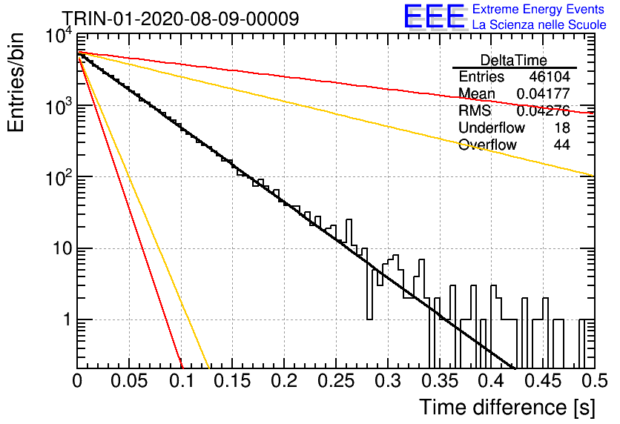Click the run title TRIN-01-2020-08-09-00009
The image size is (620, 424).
(181, 19)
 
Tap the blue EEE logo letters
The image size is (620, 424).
(435, 16)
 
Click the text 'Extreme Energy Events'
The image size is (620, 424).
(538, 9)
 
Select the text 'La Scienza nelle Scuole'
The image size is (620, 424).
(539, 25)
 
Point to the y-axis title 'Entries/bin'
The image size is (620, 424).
(16, 82)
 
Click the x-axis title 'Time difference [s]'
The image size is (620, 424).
(507, 408)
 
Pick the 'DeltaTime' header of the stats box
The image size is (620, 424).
(514, 60)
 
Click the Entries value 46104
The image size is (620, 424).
(550, 76)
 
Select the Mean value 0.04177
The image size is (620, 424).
(544, 93)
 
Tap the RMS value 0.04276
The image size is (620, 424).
(544, 110)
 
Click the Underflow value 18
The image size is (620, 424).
(562, 127)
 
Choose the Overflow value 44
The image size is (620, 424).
(562, 145)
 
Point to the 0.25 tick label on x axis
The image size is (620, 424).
(336, 381)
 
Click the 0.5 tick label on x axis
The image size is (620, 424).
(594, 381)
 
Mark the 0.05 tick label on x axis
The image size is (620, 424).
(129, 381)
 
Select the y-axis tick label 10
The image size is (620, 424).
(62, 249)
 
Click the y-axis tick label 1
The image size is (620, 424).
(67, 319)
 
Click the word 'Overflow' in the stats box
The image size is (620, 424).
(487, 145)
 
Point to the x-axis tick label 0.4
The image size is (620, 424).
(491, 381)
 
